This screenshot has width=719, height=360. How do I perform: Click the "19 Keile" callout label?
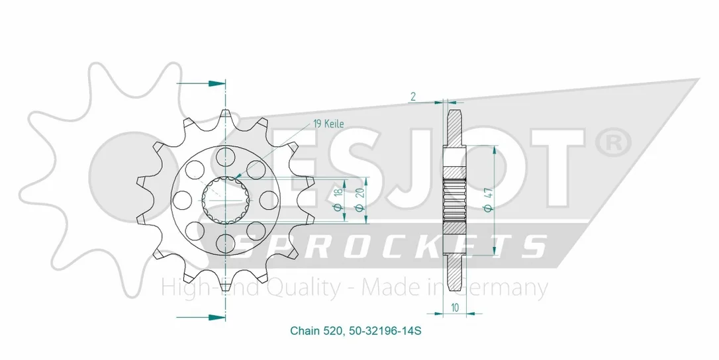(x=328, y=123)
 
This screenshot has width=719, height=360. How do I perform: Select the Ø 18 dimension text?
(x=339, y=199)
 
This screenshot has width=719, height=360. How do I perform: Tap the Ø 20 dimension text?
(x=360, y=200)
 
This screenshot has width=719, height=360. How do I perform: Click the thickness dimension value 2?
(x=413, y=97)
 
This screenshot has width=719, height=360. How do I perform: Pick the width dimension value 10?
(x=454, y=308)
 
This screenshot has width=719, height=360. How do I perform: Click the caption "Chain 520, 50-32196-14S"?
(x=356, y=330)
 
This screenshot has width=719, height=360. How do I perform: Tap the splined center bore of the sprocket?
(x=226, y=200)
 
